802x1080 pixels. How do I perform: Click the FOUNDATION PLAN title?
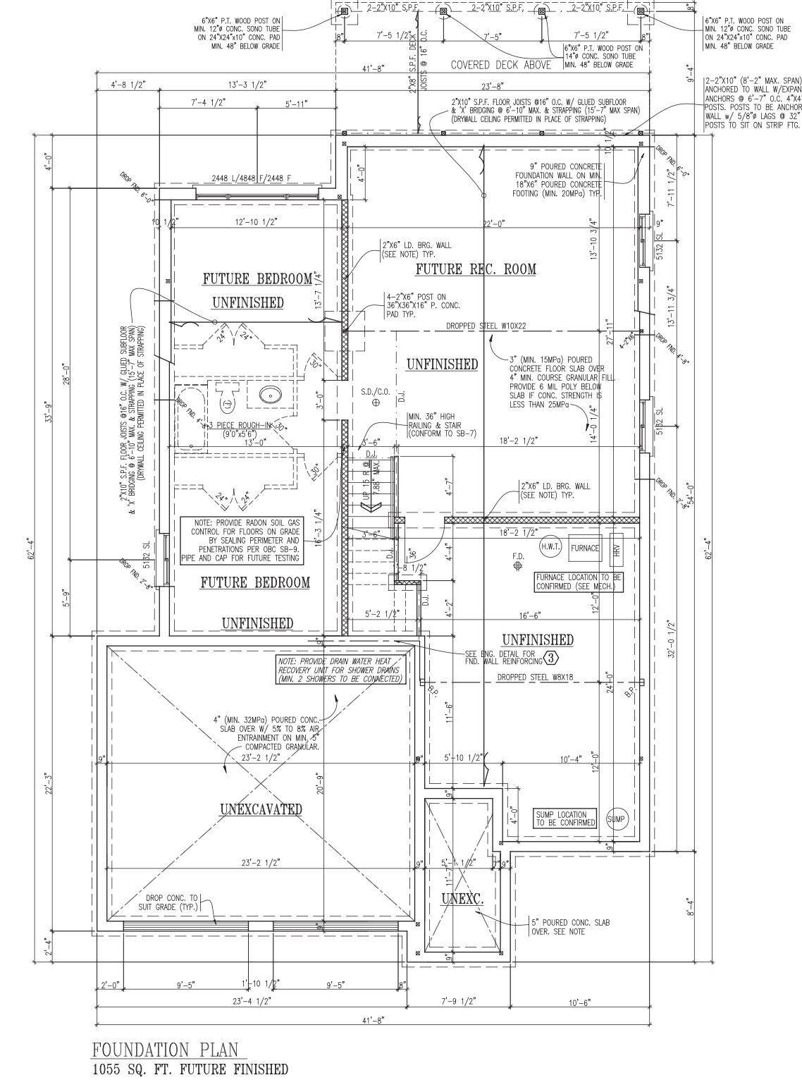point(165,1049)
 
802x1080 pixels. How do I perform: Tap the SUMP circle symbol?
point(616,818)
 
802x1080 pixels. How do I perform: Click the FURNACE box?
point(585,548)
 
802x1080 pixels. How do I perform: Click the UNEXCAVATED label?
point(260,809)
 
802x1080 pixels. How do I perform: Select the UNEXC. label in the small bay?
point(462,898)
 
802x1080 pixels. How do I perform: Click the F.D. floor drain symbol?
point(519,565)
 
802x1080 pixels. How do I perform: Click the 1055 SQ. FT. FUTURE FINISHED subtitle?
point(190,1069)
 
